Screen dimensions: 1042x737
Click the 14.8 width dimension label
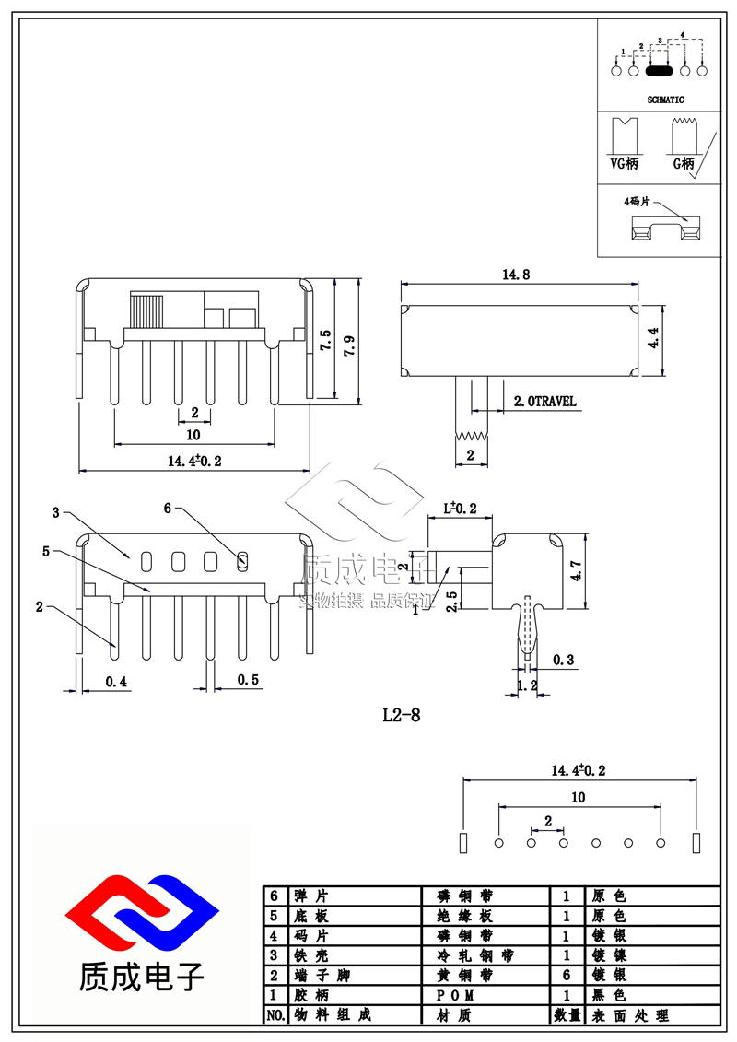point(515,275)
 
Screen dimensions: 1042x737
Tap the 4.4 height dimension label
point(653,338)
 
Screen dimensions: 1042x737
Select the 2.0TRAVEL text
point(544,401)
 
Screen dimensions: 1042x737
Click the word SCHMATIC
point(665,100)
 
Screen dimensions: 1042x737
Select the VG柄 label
point(624,163)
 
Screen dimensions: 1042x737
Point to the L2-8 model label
point(402,714)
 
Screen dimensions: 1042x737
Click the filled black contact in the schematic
point(659,70)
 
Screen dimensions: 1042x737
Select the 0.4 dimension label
point(116,681)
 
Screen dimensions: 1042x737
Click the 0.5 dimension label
point(248,680)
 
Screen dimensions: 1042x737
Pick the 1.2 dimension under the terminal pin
point(527,685)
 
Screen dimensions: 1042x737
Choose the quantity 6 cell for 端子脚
point(567,975)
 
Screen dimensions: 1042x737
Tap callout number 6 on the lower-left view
point(168,508)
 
